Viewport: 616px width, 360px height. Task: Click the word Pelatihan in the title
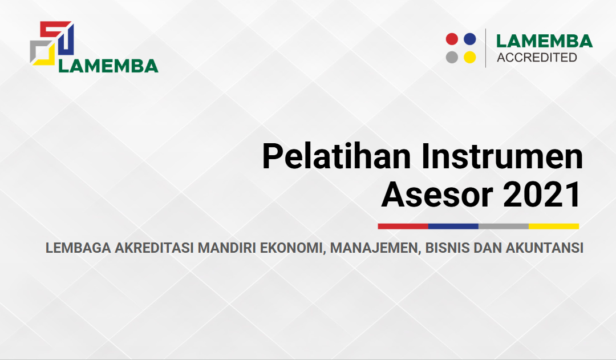337,157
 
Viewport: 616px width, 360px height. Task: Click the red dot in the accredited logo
452,39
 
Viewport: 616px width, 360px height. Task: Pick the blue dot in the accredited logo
470,39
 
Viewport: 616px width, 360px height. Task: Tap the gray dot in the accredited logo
452,58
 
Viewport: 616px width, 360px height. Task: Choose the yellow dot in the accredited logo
470,58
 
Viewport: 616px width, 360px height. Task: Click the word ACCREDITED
537,58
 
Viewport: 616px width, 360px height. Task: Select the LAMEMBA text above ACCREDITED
545,41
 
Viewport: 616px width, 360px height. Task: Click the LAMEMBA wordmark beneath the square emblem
108,66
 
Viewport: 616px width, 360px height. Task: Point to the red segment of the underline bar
403,226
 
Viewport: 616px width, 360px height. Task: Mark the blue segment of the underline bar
453,226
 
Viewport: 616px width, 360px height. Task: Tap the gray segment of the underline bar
504,226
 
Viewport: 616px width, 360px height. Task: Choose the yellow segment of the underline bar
554,226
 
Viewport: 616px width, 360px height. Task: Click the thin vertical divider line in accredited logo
486,48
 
